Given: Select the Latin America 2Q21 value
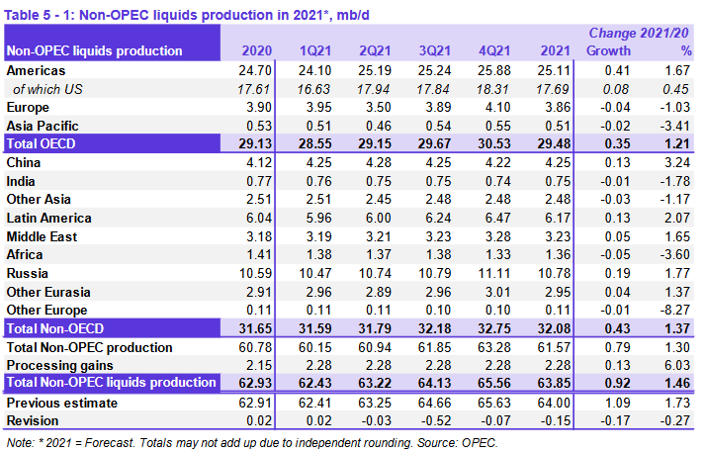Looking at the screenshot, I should [x=374, y=218].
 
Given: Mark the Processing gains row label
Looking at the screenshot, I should [x=58, y=365].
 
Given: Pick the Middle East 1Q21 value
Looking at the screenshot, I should [x=314, y=235].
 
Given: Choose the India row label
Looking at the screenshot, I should [x=24, y=180].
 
